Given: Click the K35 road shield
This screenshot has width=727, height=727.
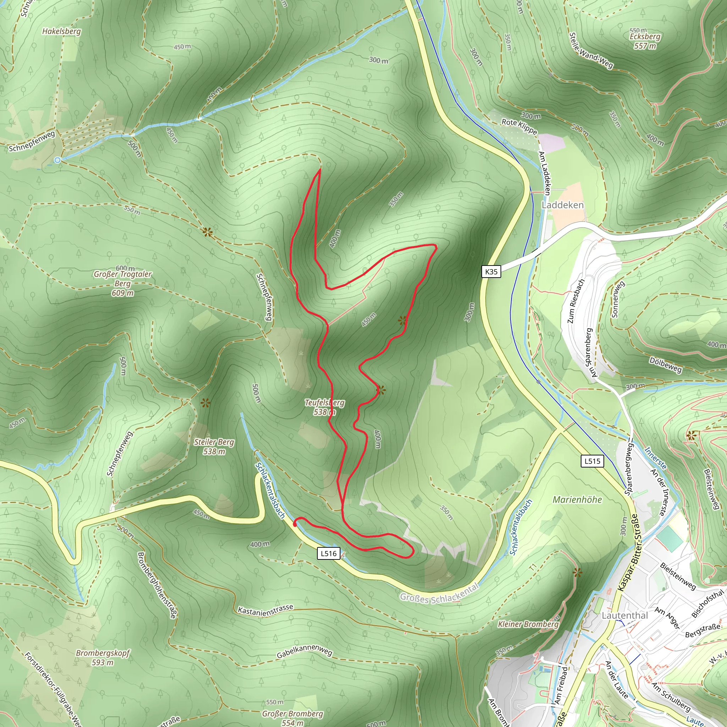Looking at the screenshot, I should [491, 272].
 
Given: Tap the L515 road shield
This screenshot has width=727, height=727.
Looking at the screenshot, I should [592, 461].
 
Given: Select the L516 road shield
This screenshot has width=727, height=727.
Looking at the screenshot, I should [328, 553].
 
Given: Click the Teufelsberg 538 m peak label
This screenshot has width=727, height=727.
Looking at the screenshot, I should [324, 407].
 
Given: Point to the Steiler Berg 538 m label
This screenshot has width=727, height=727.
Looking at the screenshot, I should [214, 446].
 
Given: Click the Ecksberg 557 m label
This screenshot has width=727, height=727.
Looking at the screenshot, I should [645, 40].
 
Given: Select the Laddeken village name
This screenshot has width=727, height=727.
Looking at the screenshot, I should [563, 205].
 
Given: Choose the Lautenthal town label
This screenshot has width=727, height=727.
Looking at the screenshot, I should [625, 615].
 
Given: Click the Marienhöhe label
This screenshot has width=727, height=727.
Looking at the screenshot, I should [577, 500].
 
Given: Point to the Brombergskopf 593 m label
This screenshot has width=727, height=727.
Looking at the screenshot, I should [102, 657].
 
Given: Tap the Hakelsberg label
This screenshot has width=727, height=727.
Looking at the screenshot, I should [61, 31].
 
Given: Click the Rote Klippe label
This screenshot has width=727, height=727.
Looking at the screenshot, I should [519, 126].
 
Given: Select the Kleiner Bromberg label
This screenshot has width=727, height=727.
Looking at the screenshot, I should [528, 624].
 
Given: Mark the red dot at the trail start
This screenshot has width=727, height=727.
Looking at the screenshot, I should [295, 524].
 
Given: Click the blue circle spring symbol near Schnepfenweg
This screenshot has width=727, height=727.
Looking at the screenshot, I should [57, 160].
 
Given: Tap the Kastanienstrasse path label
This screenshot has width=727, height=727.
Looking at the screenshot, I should [265, 610].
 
